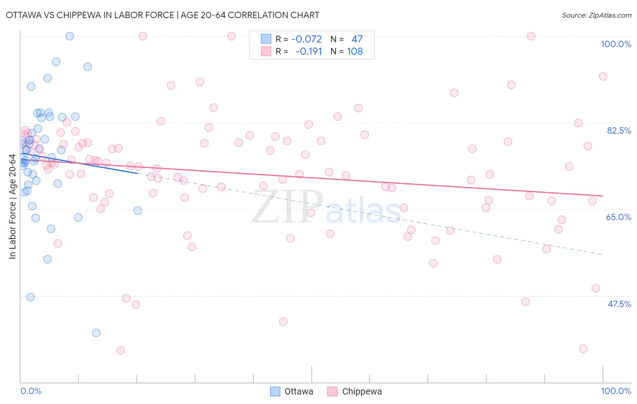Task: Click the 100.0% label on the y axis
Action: pos(616,44)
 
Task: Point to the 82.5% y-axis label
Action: pos(618,130)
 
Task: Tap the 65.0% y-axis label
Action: pos(618,217)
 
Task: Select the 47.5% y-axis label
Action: pos(619,304)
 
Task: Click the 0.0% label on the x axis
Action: pos(31,391)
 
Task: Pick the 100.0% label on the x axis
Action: pos(616,391)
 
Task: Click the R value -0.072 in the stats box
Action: pos(306,39)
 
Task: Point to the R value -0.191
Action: pos(309,52)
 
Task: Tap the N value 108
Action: pos(355,52)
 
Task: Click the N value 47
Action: pos(357,39)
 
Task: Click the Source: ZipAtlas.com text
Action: pos(596,15)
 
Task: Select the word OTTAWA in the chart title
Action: pos(24,15)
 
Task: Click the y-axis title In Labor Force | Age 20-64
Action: pos(13,207)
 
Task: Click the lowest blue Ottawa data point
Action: pos(96,333)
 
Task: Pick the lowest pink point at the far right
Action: pos(583,349)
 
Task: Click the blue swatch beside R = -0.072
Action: pos(266,39)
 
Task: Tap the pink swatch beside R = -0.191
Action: pos(266,52)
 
